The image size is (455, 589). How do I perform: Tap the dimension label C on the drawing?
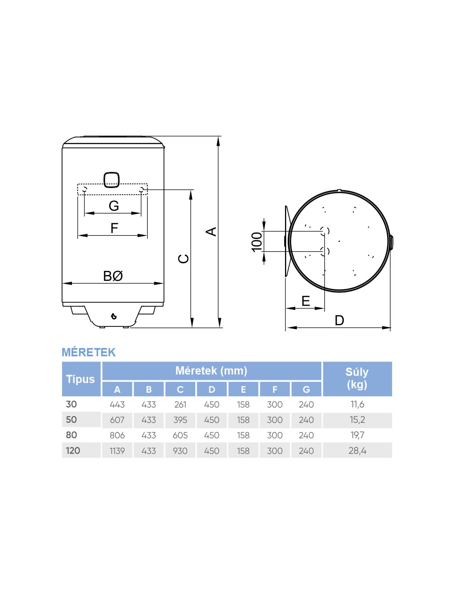coord(184,258)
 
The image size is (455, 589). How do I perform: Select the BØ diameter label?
coord(113,276)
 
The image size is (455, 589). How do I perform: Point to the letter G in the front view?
coord(114,206)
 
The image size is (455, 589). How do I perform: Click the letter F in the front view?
coord(114,228)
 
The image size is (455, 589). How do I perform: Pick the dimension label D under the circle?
coord(339,320)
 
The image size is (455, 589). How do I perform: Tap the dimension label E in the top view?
coord(306,301)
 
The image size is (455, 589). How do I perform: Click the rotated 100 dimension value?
coord(257,242)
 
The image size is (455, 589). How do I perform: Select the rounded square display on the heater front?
coord(112,179)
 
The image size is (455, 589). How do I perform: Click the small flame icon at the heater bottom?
coord(114,316)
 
